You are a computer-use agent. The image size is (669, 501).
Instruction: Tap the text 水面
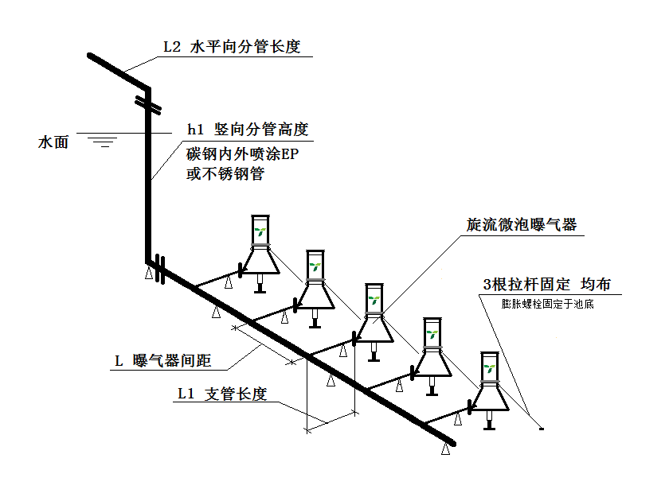click(54, 143)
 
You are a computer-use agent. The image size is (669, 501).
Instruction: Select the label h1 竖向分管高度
click(247, 130)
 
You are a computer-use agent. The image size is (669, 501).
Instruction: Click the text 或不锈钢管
click(225, 173)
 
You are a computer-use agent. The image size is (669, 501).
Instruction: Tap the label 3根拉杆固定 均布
click(547, 285)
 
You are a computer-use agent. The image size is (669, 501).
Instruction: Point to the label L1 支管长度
click(221, 394)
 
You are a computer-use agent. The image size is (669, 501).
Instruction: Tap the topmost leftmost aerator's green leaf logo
click(260, 233)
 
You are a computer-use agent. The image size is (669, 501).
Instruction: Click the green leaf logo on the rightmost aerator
click(488, 368)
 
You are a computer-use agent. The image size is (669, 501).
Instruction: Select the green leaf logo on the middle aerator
click(374, 301)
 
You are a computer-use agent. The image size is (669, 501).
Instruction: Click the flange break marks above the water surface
click(148, 103)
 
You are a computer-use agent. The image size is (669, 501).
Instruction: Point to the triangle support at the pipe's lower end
click(446, 449)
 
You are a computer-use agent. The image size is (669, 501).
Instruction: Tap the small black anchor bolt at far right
click(541, 429)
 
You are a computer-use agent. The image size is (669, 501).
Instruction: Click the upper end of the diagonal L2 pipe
click(92, 56)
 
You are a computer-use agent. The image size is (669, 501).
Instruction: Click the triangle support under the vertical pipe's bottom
click(148, 274)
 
